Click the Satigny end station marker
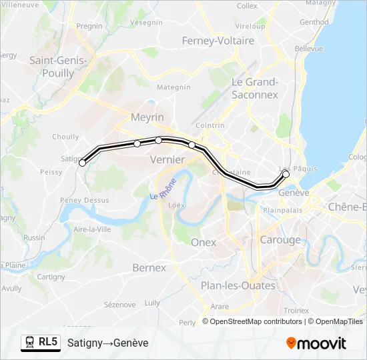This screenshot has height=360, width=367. (x=83, y=163)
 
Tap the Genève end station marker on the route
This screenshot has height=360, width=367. (x=286, y=174)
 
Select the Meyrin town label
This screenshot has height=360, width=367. (x=148, y=117)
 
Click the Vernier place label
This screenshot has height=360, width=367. (x=167, y=159)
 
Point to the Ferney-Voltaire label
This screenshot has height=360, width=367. (x=218, y=41)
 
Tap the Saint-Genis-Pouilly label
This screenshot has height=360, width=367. (x=58, y=67)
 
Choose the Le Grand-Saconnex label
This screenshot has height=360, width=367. (x=254, y=89)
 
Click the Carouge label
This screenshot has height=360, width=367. (x=280, y=240)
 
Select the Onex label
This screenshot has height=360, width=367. (x=204, y=243)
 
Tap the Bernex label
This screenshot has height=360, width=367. (x=149, y=268)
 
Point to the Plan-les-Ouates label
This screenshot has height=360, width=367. (x=238, y=285)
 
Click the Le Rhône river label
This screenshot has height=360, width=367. (x=163, y=189)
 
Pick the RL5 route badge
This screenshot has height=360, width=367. (x=47, y=342)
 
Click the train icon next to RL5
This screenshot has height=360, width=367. (x=29, y=342)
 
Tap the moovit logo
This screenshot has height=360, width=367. (x=316, y=343)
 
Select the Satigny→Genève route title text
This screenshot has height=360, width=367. (x=107, y=343)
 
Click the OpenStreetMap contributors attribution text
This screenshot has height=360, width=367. (x=252, y=321)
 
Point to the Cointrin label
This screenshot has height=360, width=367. (x=211, y=125)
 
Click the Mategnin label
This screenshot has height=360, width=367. (x=173, y=87)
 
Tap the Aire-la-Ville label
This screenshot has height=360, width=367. (x=92, y=229)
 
